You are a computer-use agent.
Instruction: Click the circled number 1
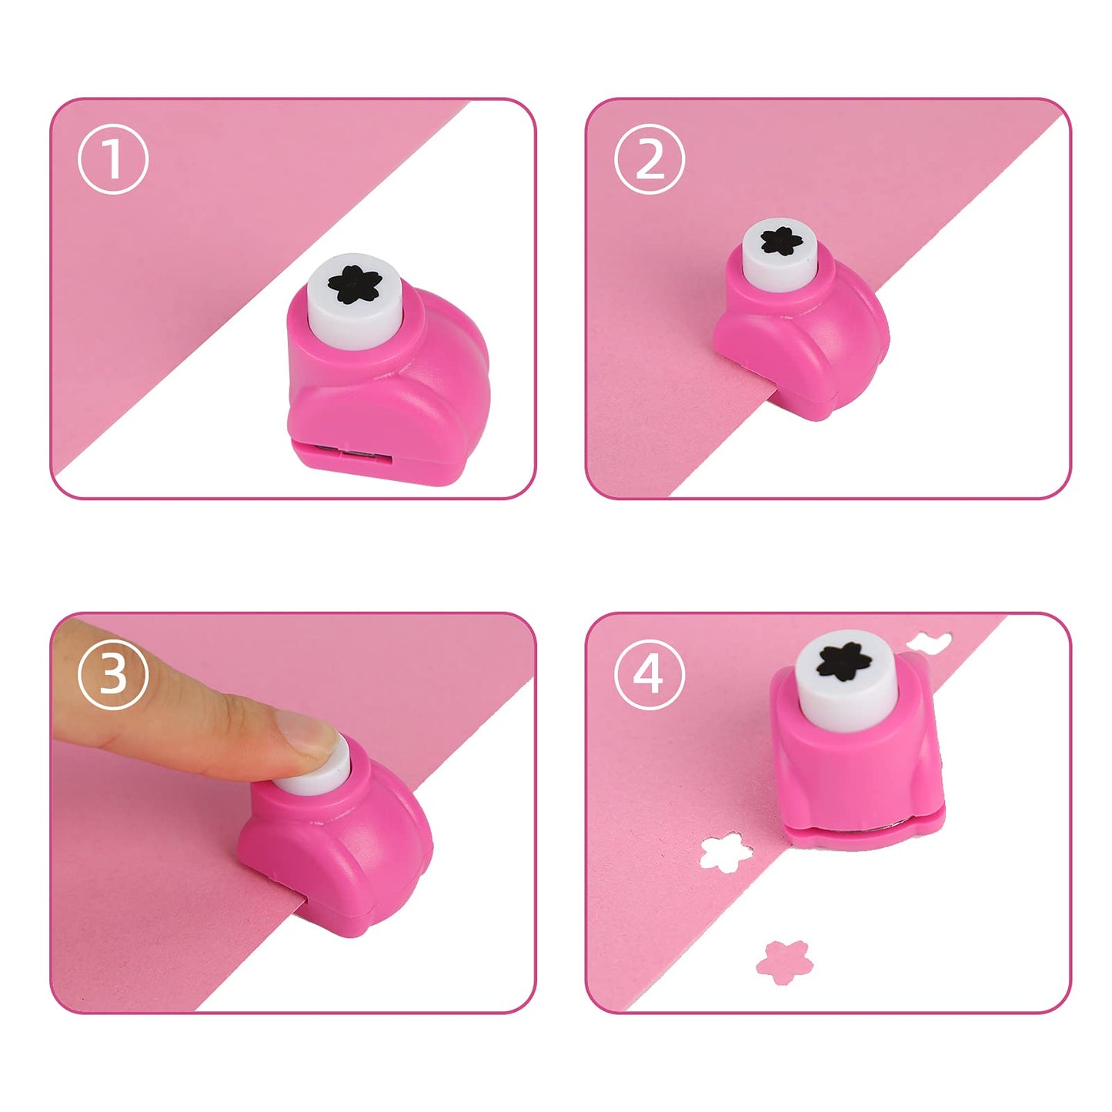(x=112, y=159)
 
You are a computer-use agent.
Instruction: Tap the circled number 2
(x=649, y=159)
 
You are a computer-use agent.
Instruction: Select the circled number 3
(x=112, y=674)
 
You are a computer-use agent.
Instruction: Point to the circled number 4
(x=649, y=674)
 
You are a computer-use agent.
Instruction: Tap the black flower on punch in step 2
(x=781, y=242)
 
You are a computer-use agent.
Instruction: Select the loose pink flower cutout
(x=784, y=960)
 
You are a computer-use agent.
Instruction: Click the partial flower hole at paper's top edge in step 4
(x=929, y=641)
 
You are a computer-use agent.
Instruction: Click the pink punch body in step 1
(x=385, y=392)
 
